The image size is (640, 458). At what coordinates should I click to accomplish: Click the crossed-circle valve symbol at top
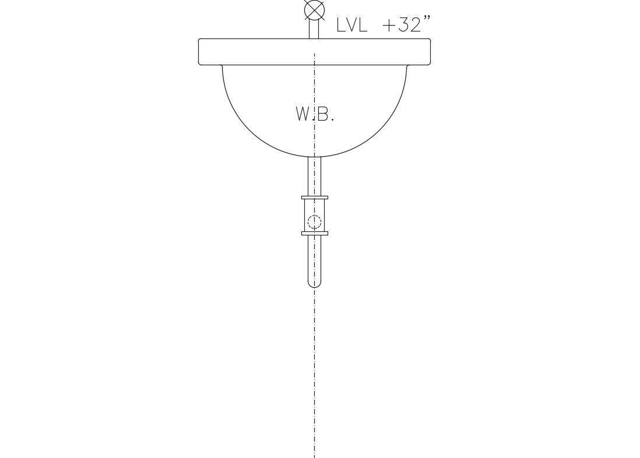pos(314,10)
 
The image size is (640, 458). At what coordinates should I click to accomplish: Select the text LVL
pos(352,25)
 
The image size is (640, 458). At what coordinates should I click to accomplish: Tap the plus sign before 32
pos(389,25)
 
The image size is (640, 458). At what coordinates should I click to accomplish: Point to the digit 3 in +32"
pos(403,25)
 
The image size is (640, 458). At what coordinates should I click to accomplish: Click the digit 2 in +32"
pos(415,25)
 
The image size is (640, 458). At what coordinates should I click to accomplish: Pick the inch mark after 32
pos(427,19)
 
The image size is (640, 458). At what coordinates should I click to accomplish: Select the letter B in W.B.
pos(324,114)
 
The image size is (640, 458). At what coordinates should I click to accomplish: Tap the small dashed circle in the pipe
pos(314,221)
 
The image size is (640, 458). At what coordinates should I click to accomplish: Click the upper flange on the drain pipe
pos(314,198)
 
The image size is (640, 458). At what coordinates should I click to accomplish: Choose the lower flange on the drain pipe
pos(314,234)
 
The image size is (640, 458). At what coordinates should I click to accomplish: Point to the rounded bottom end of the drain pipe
pos(314,284)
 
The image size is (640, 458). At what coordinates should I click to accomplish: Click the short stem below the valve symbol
pos(314,30)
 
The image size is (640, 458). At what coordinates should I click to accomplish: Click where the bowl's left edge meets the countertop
pos(222,66)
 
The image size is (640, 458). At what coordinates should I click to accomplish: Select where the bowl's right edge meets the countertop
pos(406,66)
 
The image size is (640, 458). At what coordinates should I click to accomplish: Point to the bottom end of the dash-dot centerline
pos(314,456)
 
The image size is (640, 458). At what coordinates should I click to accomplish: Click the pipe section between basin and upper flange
pos(314,177)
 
